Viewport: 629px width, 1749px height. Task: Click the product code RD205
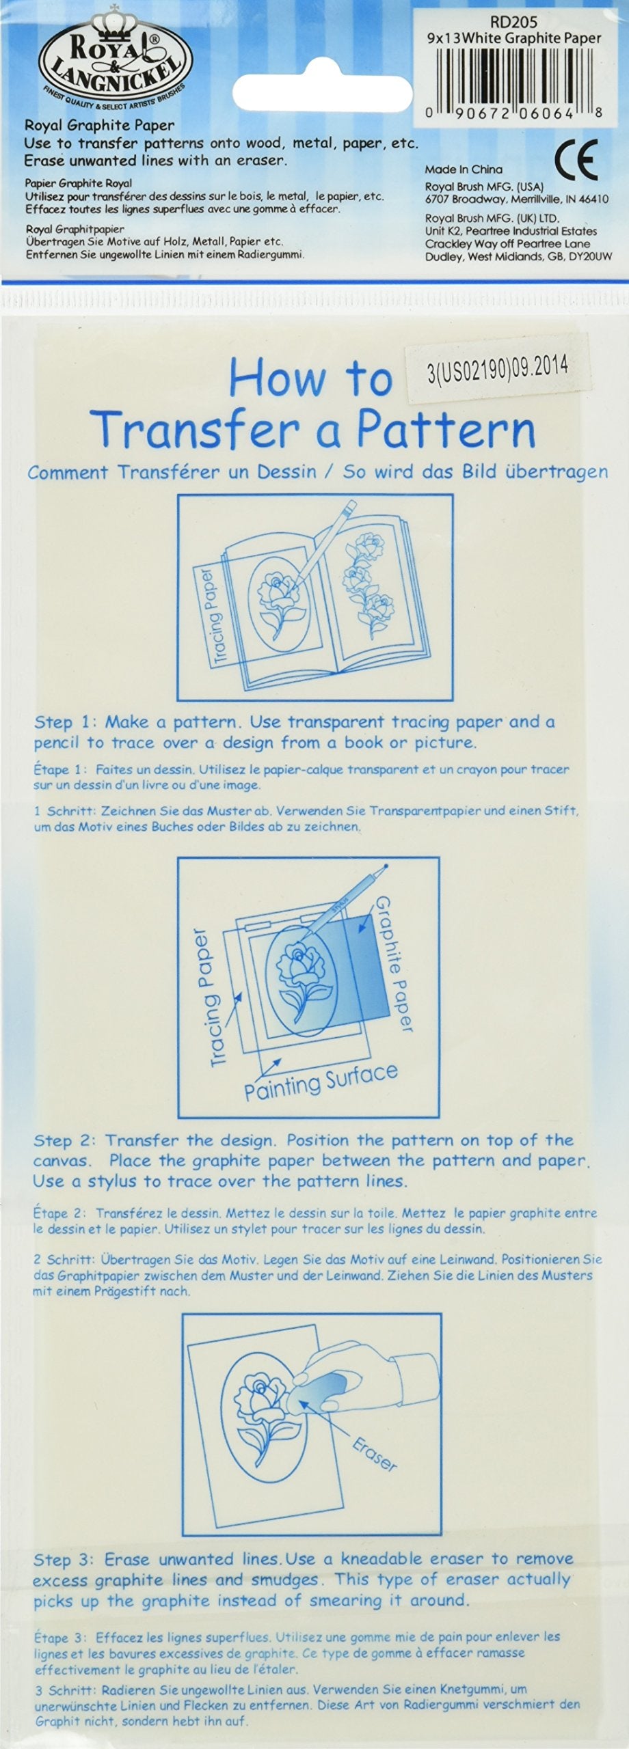coord(519,22)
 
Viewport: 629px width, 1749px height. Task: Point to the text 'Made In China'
coord(464,169)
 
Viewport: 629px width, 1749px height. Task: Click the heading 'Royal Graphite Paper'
coord(100,125)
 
